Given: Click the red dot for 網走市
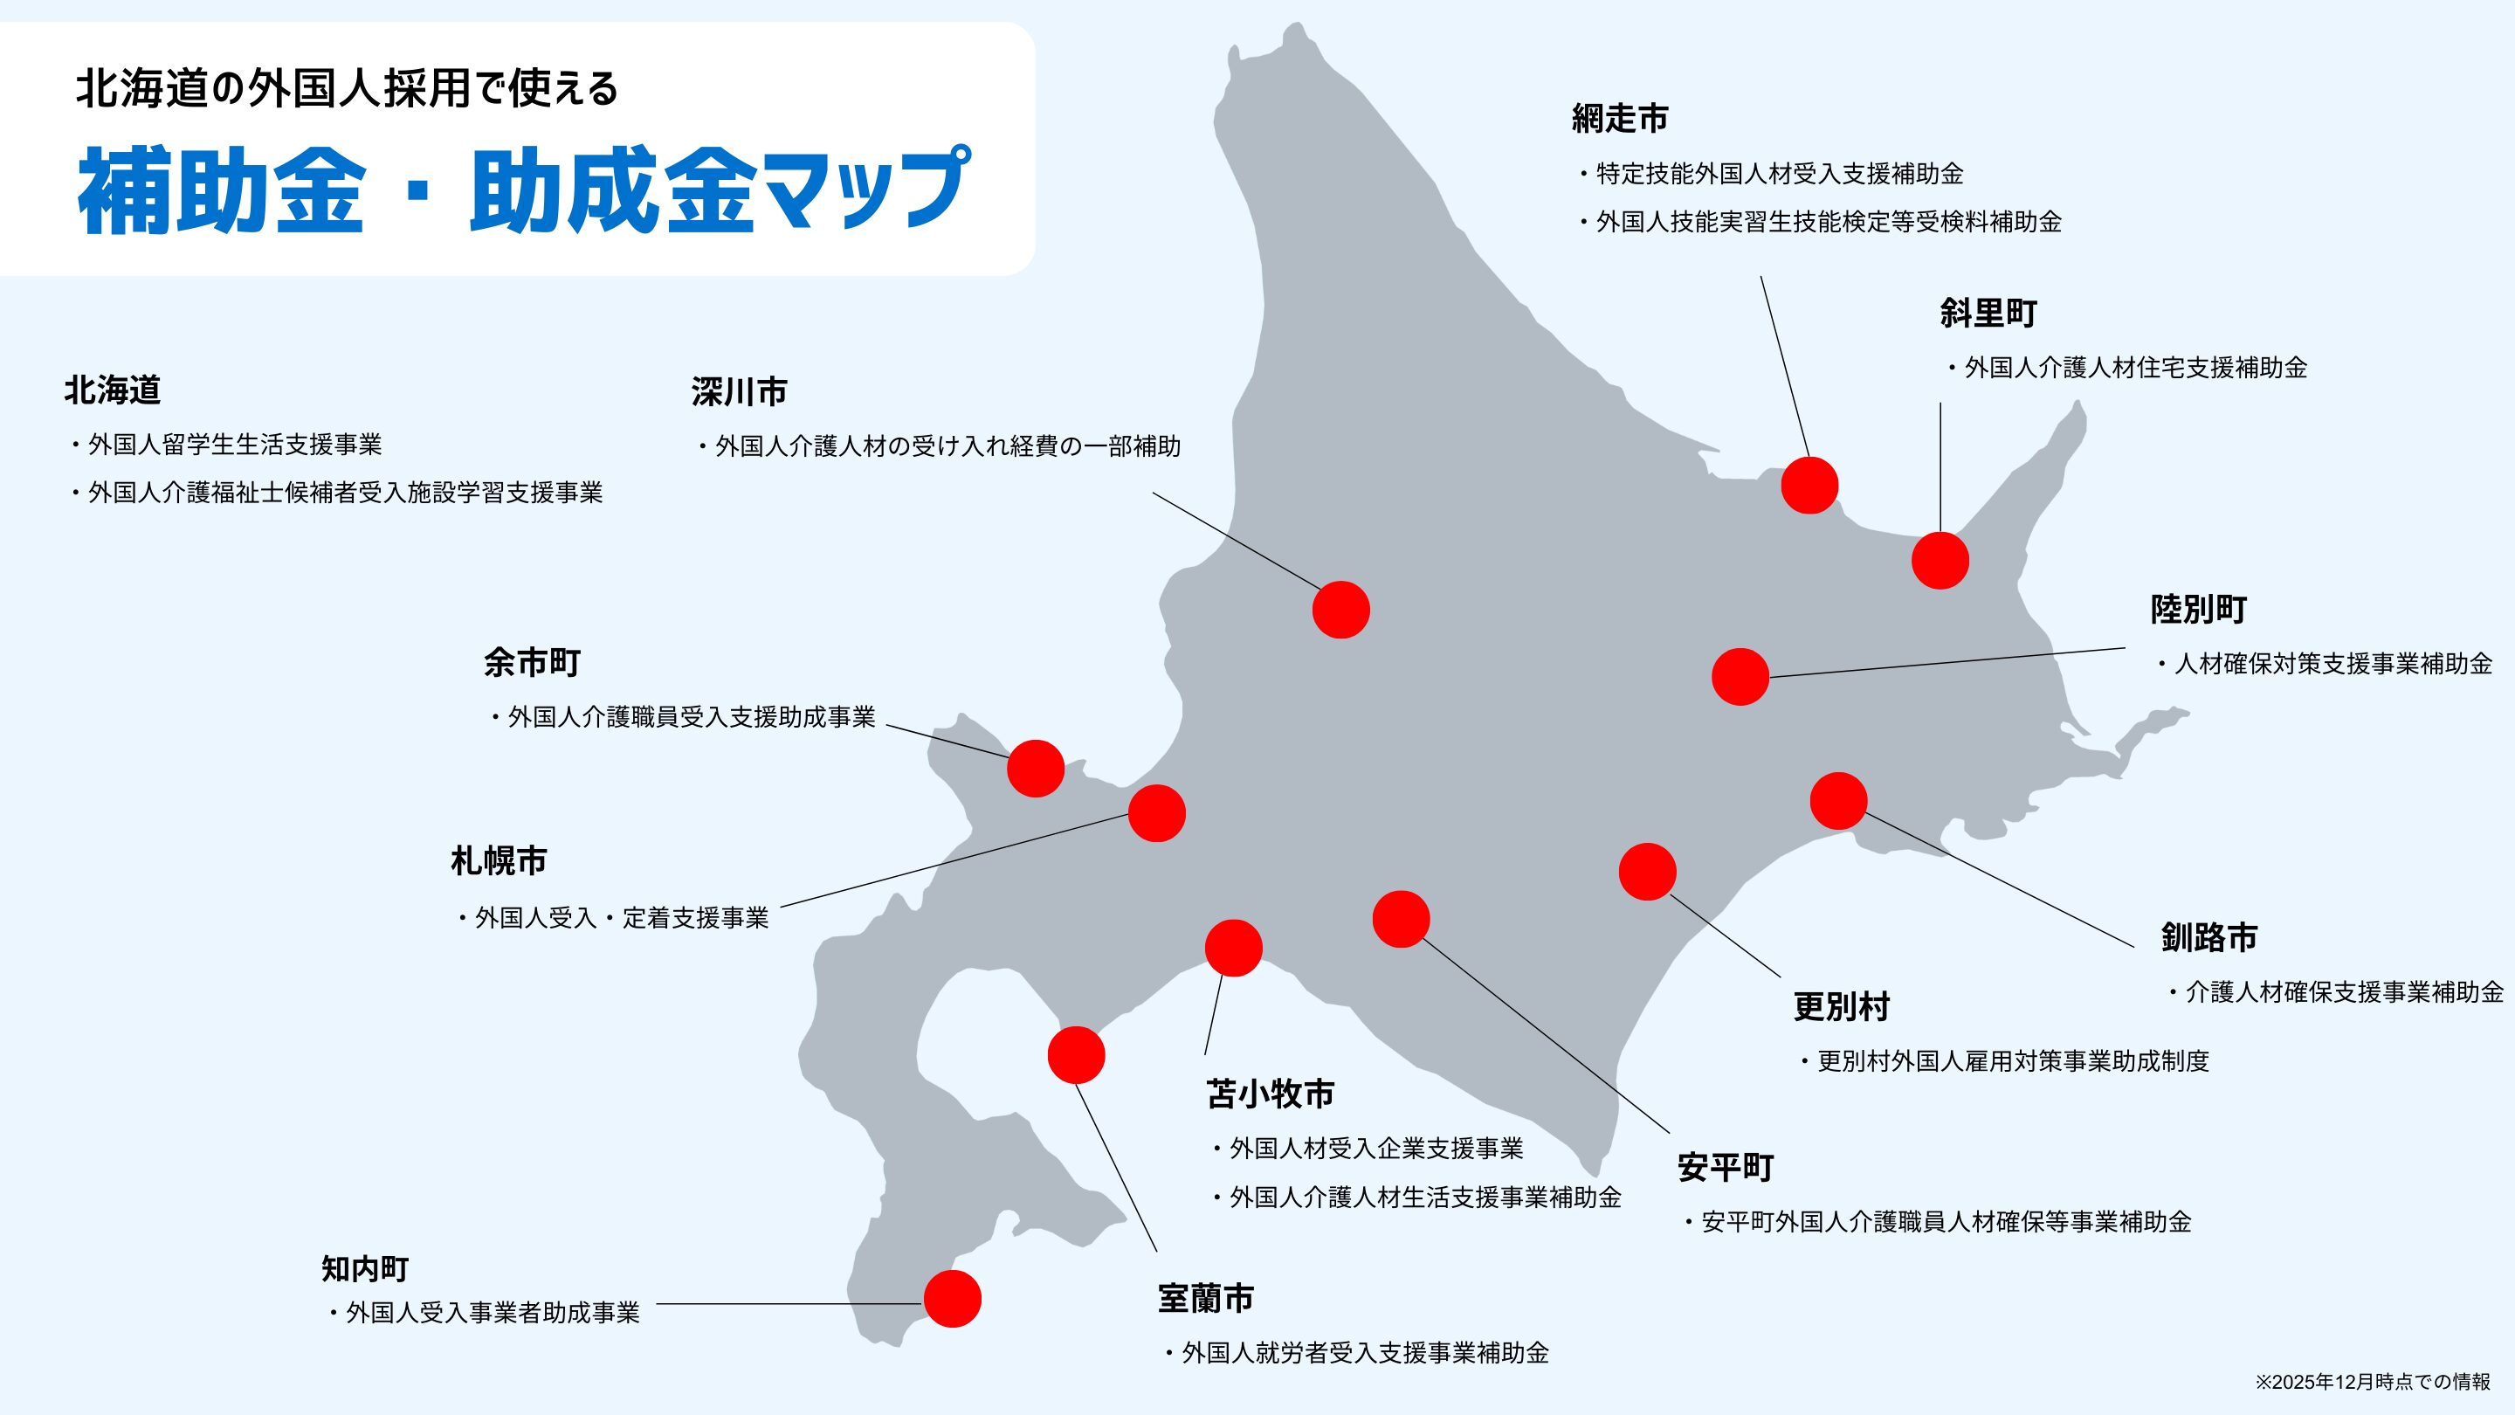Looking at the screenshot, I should point(1809,486).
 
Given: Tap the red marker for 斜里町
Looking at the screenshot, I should point(1940,561).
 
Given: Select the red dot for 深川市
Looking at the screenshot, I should point(1340,611).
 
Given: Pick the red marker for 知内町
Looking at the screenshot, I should point(952,1299).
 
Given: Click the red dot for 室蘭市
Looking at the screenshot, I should point(1076,1054).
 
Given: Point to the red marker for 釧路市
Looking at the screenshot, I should point(1838,801).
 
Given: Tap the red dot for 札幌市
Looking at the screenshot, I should point(1157,813).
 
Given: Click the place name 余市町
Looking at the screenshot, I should point(532,663).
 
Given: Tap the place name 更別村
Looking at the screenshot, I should point(1842,1007).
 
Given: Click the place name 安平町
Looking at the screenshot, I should point(1726,1168).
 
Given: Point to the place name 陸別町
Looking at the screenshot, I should point(2199,610).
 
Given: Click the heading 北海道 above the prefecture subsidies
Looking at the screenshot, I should point(113,390).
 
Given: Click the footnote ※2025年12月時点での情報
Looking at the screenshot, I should point(2373,1382).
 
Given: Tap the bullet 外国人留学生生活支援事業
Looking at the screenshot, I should point(234,445).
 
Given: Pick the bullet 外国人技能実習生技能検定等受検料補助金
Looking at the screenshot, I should point(1828,223).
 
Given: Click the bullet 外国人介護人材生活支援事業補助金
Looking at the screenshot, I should point(1424,1198).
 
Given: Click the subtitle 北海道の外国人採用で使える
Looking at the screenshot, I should point(347,89).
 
